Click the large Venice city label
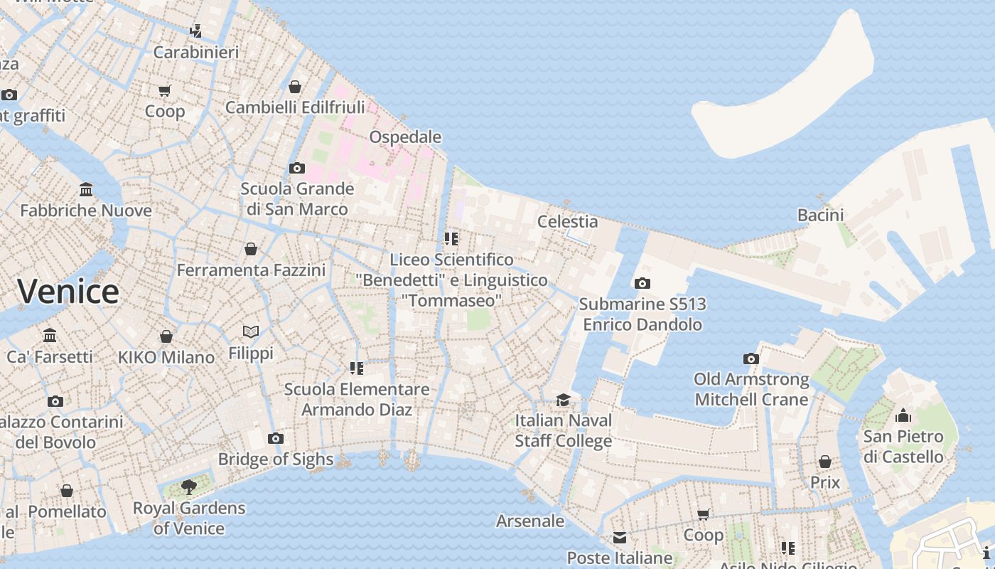(68, 292)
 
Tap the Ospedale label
(405, 137)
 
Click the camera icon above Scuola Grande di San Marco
(297, 169)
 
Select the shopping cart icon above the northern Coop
(165, 90)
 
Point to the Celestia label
(567, 221)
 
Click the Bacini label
(820, 215)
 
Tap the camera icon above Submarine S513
(642, 284)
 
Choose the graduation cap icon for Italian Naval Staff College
(563, 400)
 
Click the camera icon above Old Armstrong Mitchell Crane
(751, 359)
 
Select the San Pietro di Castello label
(903, 446)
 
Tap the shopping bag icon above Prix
(824, 462)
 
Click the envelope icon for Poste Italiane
(620, 538)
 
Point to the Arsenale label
(530, 521)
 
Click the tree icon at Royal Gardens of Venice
(189, 487)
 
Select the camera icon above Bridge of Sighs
(276, 439)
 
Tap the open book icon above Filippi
(251, 331)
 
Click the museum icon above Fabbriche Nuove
(86, 190)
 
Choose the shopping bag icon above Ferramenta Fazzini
(251, 249)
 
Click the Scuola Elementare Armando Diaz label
(357, 399)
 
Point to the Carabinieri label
(196, 52)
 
